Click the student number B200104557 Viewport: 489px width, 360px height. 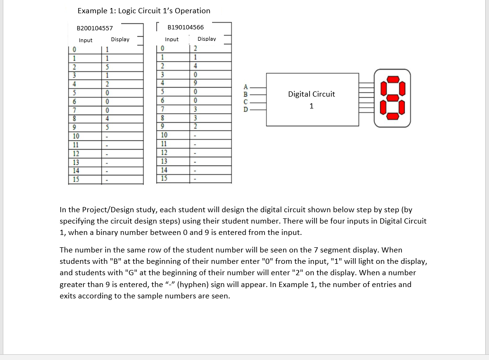(x=95, y=28)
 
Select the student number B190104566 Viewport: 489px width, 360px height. (x=186, y=27)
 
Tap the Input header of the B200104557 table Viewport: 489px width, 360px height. (x=86, y=40)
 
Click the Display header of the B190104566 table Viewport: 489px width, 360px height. (x=206, y=39)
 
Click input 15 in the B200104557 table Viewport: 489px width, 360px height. (x=76, y=179)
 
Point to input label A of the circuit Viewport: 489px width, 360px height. (x=245, y=87)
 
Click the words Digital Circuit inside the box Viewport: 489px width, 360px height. (x=311, y=94)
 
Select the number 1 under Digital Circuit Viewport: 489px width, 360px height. (x=311, y=106)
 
